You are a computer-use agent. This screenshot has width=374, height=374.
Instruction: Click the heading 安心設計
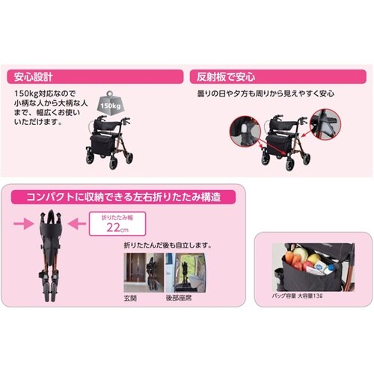coord(31,76)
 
